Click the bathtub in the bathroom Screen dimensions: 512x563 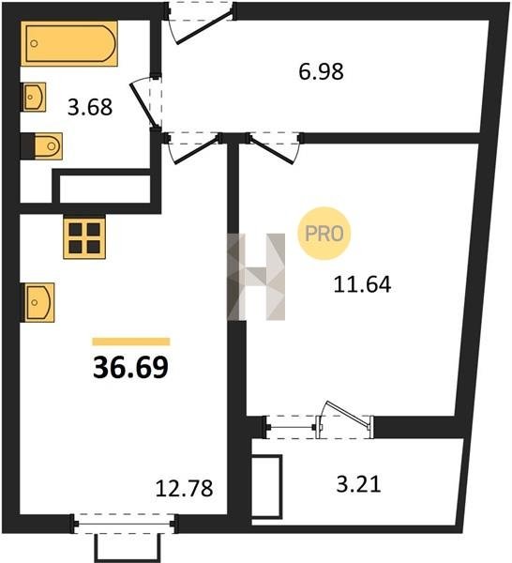pyautogui.click(x=69, y=43)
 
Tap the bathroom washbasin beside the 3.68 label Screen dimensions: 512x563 pyautogui.click(x=35, y=97)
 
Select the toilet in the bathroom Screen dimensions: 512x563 pyautogui.click(x=48, y=146)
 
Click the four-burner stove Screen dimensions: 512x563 pyautogui.click(x=84, y=237)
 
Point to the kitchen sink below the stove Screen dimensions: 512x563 pyautogui.click(x=39, y=302)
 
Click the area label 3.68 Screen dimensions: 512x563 pyautogui.click(x=90, y=107)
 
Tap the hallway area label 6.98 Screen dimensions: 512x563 pyautogui.click(x=321, y=71)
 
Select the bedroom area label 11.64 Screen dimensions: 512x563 pyautogui.click(x=362, y=284)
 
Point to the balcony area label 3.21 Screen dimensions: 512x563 pyautogui.click(x=358, y=484)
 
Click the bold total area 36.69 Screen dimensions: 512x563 pyautogui.click(x=130, y=368)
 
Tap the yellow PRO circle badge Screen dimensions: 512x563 pyautogui.click(x=324, y=234)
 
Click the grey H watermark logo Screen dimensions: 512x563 pyautogui.click(x=256, y=277)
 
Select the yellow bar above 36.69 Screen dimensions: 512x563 pyautogui.click(x=131, y=342)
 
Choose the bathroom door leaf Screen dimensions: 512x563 pyautogui.click(x=143, y=105)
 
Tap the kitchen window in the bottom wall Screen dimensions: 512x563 pyautogui.click(x=124, y=524)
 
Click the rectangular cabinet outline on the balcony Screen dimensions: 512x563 pyautogui.click(x=266, y=486)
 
